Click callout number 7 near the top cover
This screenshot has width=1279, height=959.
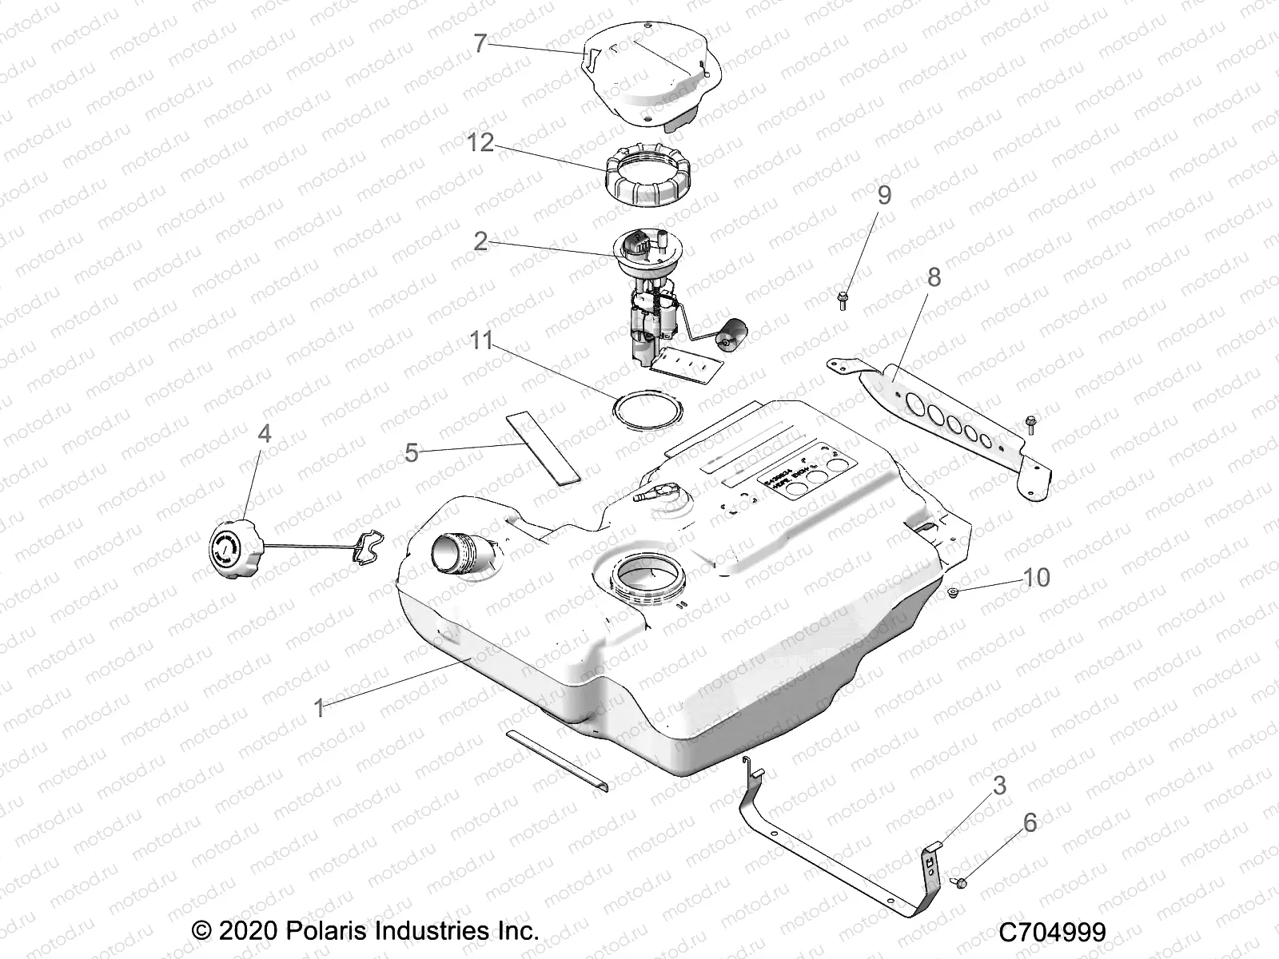tap(480, 43)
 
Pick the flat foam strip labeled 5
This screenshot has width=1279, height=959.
tap(544, 448)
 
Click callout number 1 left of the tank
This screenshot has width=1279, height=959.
tap(319, 708)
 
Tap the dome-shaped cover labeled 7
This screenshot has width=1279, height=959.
tap(647, 76)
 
